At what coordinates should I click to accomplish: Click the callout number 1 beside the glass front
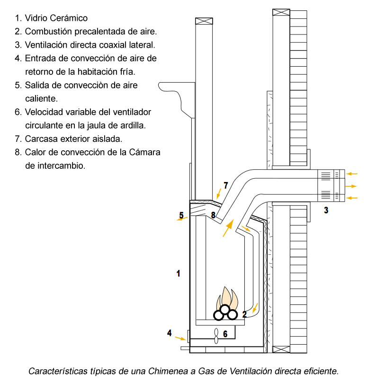click(x=178, y=273)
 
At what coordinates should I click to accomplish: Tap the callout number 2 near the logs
click(x=244, y=314)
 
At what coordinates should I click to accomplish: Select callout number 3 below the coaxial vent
click(x=326, y=210)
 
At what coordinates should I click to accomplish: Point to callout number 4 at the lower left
click(x=169, y=333)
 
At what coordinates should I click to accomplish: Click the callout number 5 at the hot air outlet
click(x=181, y=216)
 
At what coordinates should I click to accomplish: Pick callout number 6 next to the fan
click(x=225, y=334)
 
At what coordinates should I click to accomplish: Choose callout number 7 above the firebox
click(x=225, y=185)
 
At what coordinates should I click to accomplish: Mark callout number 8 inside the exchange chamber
click(x=214, y=215)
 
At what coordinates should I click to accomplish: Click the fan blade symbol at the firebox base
click(x=216, y=335)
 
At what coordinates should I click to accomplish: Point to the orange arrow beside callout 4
click(x=180, y=338)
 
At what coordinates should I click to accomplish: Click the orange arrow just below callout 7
click(x=218, y=193)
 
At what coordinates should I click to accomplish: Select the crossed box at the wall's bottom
click(x=281, y=349)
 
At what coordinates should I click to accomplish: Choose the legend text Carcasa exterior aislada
click(x=73, y=139)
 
